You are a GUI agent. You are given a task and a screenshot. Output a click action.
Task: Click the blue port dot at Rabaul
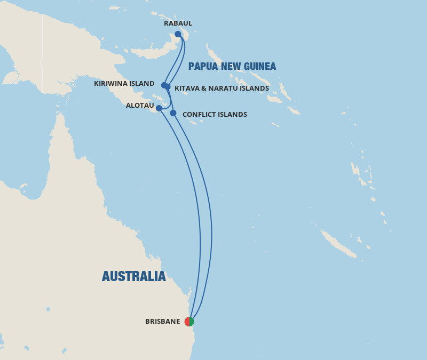pyautogui.click(x=178, y=34)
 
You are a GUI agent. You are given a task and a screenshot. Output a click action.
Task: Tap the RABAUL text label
pyautogui.click(x=178, y=23)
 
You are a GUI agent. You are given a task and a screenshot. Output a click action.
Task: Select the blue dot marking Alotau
pyautogui.click(x=159, y=108)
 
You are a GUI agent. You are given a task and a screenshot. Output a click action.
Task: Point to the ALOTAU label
pyautogui.click(x=140, y=106)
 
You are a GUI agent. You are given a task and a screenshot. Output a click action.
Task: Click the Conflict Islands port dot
pyautogui.click(x=173, y=113)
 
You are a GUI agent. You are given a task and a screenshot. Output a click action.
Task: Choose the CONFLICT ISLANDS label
pyautogui.click(x=215, y=115)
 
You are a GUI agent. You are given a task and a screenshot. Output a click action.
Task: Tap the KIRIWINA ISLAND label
pyautogui.click(x=124, y=84)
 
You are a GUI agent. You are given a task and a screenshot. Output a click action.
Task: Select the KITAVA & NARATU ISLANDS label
pyautogui.click(x=222, y=89)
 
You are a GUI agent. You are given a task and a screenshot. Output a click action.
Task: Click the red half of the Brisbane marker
pyautogui.click(x=187, y=322)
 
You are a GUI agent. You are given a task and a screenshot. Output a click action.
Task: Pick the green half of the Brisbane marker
pyautogui.click(x=192, y=322)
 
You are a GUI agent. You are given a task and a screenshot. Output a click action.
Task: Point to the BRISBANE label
pyautogui.click(x=162, y=322)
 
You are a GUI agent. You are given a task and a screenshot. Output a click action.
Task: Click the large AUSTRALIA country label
pyautogui.click(x=133, y=276)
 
